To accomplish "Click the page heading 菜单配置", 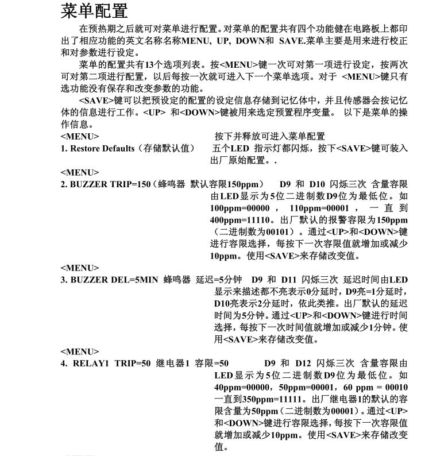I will point(94,10).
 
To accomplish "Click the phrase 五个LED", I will point(231,148).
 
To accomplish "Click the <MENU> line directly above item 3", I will point(79,268).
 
